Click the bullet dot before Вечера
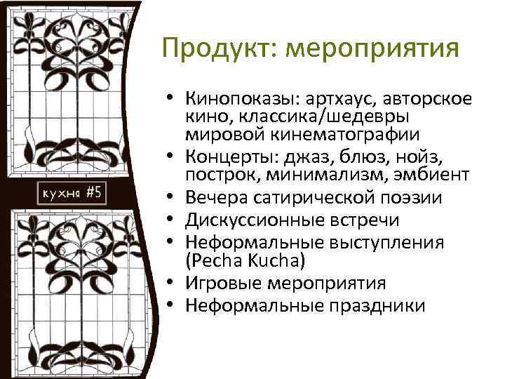coord(171,199)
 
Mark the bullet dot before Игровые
coord(171,284)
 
